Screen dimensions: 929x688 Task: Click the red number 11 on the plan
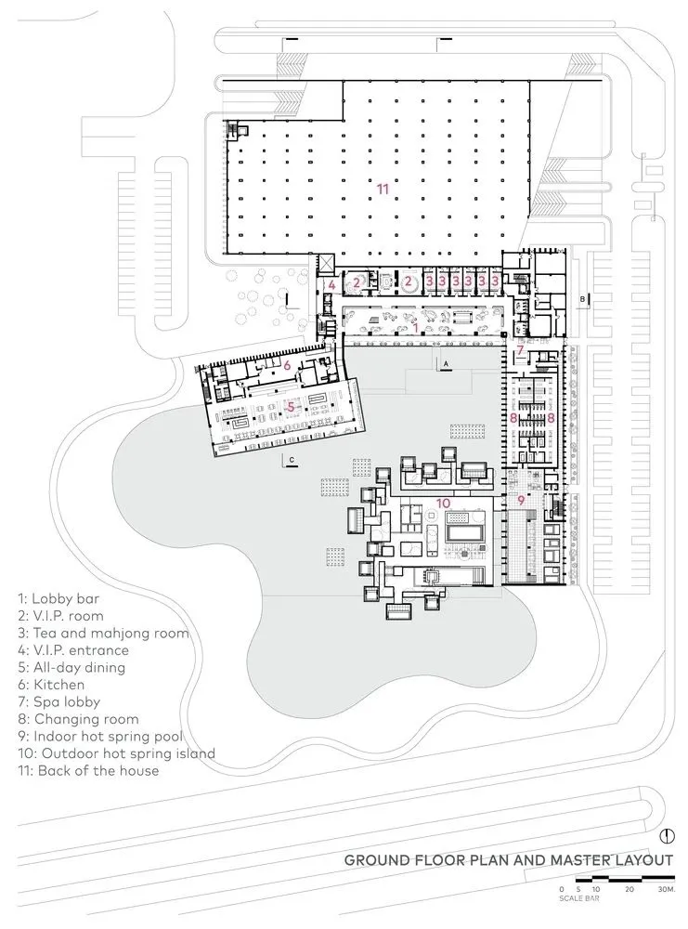(383, 188)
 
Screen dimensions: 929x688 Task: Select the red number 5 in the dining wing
(291, 406)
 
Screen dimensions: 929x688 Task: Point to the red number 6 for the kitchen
(287, 365)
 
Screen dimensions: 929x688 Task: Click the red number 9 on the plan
(521, 501)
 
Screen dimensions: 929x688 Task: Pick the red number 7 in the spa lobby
(521, 350)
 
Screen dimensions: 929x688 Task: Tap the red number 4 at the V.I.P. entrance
(331, 285)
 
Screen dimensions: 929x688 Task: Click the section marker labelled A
(446, 362)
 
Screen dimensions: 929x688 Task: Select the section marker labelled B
(582, 299)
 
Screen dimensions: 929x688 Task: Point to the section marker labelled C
(291, 460)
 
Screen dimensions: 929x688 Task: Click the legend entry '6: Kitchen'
(58, 684)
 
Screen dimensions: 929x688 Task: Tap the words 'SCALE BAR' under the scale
(578, 899)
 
